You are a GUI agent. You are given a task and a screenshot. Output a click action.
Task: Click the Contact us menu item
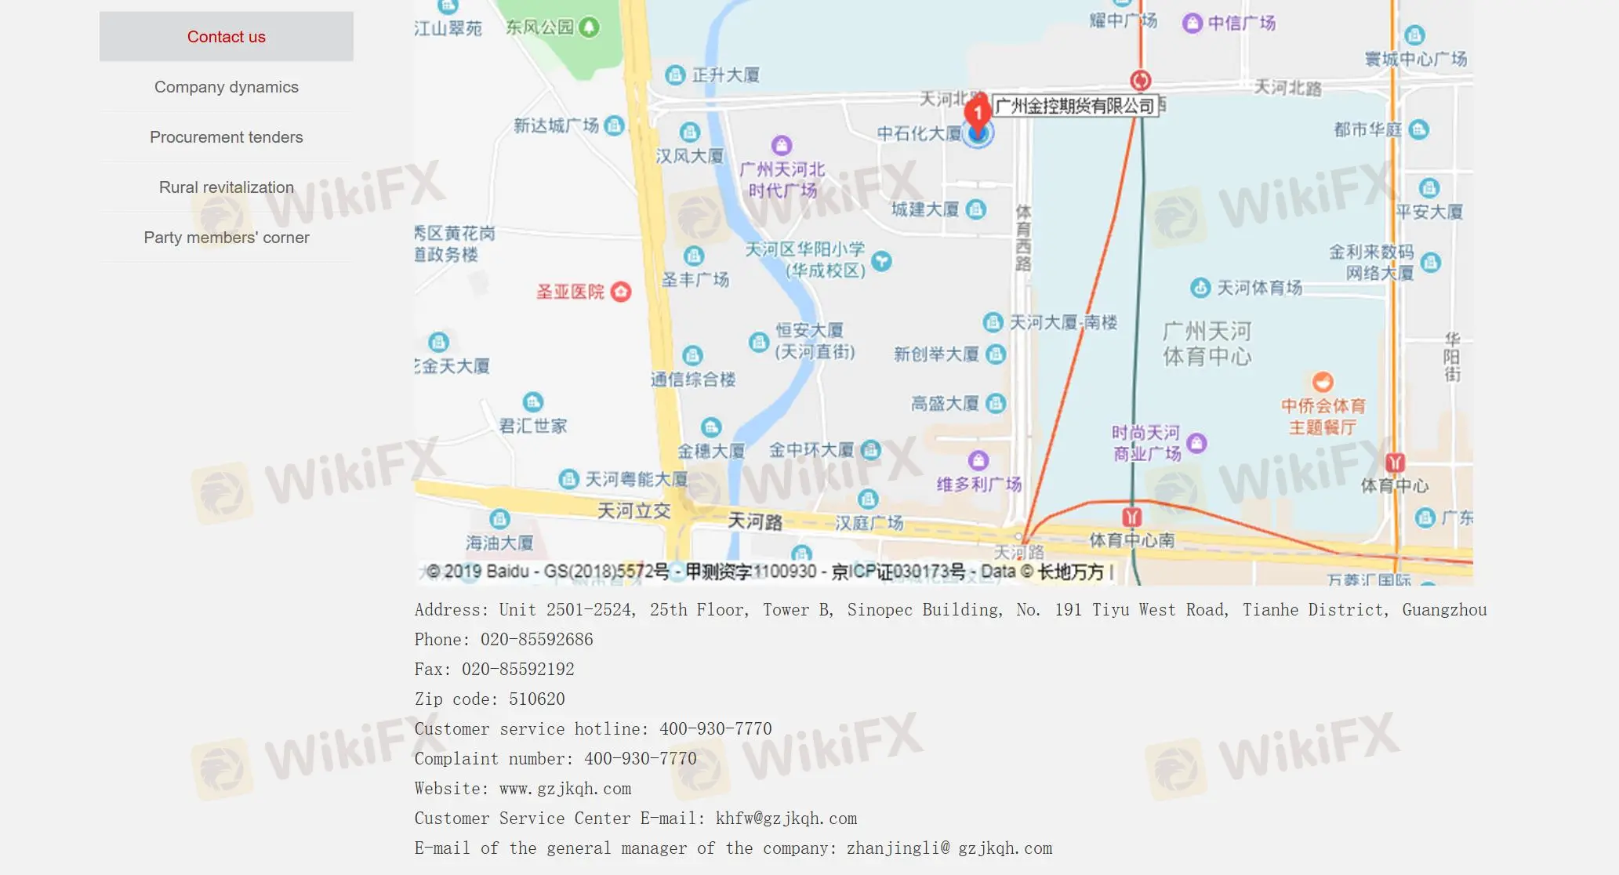click(x=226, y=37)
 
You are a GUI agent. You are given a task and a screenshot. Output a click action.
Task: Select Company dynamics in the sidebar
click(x=226, y=87)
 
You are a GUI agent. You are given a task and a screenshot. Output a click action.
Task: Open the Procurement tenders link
click(x=226, y=137)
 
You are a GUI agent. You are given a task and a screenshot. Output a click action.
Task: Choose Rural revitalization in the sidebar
click(x=226, y=187)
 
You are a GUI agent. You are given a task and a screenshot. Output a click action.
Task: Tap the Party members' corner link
click(x=226, y=238)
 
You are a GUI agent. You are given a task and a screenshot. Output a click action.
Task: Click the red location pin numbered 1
click(x=977, y=113)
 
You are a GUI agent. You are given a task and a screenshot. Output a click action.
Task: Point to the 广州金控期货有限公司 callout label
click(x=1074, y=106)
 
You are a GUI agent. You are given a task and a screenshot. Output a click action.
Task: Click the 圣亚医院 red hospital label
click(x=571, y=292)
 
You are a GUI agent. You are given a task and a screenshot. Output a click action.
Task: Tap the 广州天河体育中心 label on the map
click(x=1207, y=343)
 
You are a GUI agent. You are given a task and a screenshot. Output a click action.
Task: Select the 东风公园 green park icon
click(x=589, y=27)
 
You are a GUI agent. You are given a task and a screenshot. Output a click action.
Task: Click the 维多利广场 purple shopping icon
click(x=978, y=460)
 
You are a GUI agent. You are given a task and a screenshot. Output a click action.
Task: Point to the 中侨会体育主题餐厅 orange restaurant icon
click(x=1323, y=382)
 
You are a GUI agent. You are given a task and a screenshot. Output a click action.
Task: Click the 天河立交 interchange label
click(x=633, y=511)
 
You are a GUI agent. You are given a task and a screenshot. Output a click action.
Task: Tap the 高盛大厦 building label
click(x=945, y=404)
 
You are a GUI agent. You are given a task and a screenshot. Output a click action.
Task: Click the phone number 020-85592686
click(x=536, y=640)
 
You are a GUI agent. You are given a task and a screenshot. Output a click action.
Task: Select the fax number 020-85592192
click(x=517, y=670)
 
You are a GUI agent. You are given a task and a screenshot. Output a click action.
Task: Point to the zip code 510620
click(x=536, y=699)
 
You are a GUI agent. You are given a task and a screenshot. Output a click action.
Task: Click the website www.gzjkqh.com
click(x=564, y=789)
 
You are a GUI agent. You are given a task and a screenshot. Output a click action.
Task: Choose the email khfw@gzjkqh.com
click(x=786, y=819)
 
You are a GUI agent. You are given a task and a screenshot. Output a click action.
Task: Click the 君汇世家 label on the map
click(x=533, y=426)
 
